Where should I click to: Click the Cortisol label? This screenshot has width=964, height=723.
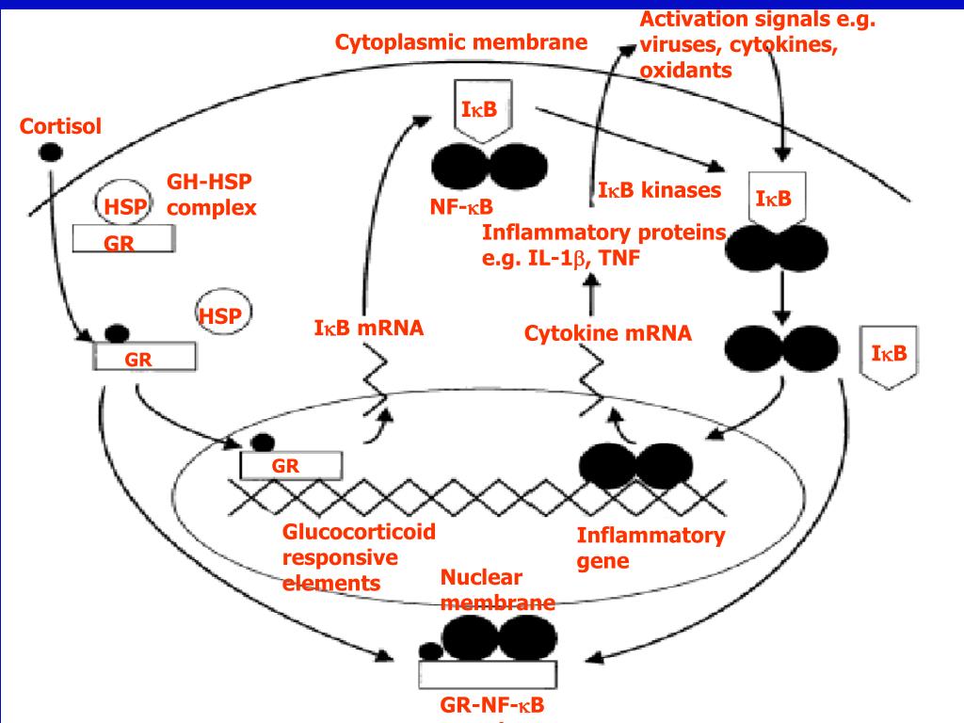point(61,126)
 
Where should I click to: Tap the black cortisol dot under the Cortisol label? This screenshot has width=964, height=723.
point(51,151)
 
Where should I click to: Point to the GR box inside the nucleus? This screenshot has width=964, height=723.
point(290,465)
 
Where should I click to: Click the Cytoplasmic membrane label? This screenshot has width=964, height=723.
point(461,42)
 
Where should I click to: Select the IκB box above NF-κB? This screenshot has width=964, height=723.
point(485,111)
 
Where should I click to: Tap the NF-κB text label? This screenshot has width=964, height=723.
point(461,206)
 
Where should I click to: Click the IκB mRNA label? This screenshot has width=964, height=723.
point(368,329)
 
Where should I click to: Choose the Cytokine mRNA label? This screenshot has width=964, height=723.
point(607,332)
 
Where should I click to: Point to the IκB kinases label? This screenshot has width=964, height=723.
point(659,191)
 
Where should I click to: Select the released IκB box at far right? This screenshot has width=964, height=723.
point(889,355)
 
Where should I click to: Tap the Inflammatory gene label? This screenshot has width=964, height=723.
point(651,549)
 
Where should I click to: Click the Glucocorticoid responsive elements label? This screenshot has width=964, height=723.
point(359,557)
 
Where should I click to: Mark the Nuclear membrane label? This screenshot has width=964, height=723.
point(497,590)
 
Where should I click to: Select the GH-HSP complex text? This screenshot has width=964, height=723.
point(212,195)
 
